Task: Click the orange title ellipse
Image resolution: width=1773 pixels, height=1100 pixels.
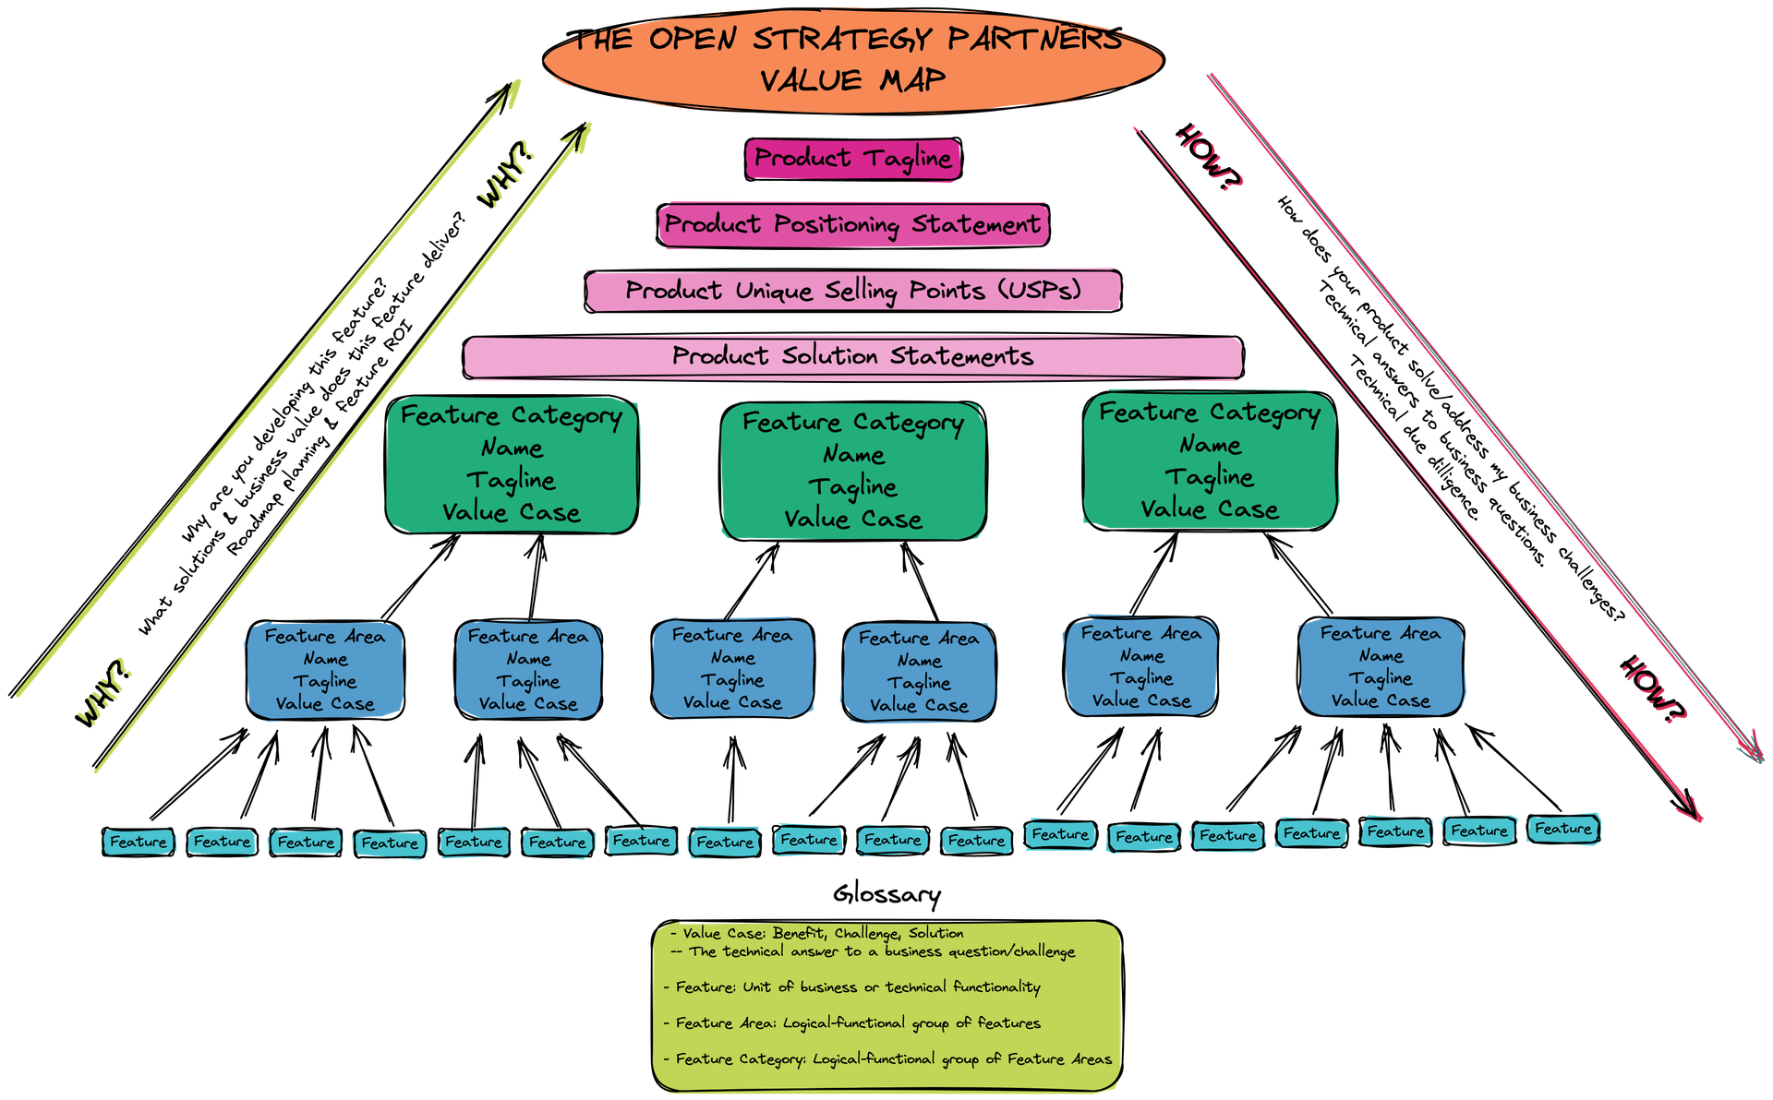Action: tap(852, 60)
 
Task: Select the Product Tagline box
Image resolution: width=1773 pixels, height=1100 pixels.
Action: tap(852, 159)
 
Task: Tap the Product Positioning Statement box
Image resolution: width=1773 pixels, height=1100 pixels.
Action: tap(852, 225)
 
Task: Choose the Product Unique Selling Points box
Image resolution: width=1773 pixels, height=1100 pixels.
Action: tap(852, 292)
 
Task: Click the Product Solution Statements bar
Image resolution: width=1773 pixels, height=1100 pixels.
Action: tap(852, 357)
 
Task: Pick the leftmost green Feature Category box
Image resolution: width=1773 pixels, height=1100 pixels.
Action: tap(512, 464)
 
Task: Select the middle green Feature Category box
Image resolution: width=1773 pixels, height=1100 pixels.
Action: tap(852, 471)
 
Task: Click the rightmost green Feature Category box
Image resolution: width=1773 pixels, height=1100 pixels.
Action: tap(1210, 460)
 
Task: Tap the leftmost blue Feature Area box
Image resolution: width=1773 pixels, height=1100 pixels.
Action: tap(325, 670)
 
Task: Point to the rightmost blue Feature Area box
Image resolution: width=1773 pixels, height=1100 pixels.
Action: tap(1381, 667)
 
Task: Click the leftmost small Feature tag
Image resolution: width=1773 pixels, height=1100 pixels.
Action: tap(139, 842)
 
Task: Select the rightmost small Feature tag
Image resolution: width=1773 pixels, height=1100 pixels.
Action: tap(1563, 829)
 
